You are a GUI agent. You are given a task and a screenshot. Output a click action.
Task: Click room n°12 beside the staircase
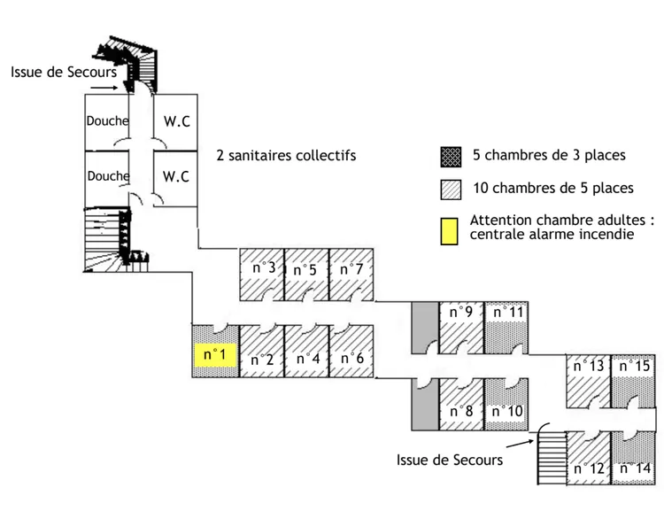point(589,461)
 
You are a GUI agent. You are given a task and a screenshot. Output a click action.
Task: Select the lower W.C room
point(176,176)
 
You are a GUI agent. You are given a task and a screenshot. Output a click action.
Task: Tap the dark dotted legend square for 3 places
point(449,156)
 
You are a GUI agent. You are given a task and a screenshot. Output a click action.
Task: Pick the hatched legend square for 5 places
point(449,189)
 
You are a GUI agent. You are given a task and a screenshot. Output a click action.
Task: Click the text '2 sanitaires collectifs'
point(286,156)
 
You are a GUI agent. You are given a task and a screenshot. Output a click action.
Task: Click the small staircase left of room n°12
point(550,453)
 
